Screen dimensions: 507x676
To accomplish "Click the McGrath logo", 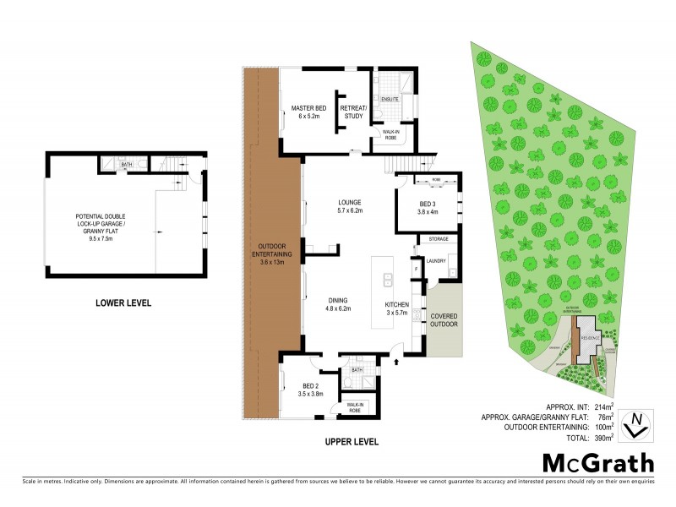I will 597,462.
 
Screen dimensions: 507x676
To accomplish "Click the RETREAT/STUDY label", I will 353,112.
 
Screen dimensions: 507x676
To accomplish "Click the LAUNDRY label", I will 436,261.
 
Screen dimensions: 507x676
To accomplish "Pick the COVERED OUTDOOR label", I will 444,320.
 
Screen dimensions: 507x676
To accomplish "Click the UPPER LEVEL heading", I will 351,441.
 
